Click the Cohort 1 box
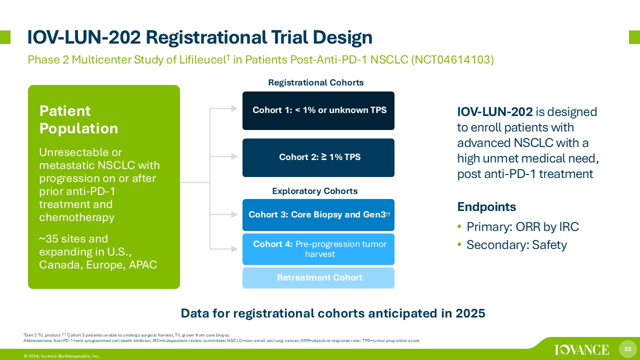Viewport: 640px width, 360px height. [318, 111]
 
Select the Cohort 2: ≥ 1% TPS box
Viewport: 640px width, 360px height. [318, 157]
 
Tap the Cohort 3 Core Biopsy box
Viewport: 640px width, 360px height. [318, 215]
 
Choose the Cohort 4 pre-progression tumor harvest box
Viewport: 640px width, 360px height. [318, 249]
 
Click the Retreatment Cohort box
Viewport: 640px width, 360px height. [318, 278]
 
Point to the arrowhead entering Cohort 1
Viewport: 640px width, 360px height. [234, 108]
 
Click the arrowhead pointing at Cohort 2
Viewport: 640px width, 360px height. [234, 156]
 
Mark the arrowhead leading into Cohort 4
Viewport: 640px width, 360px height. [234, 249]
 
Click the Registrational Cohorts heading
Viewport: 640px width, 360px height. [315, 82]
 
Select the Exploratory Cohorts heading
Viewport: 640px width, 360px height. [315, 191]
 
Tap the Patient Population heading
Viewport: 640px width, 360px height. [78, 119]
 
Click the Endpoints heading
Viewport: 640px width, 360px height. [486, 207]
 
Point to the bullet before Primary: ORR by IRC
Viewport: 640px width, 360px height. [459, 226]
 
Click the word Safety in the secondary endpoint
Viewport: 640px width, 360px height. [549, 245]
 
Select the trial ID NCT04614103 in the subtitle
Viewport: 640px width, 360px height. [452, 59]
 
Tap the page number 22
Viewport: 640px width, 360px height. [627, 349]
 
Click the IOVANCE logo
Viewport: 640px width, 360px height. [581, 349]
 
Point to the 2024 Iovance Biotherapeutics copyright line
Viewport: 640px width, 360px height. [61, 356]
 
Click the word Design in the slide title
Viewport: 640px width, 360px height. [342, 38]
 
